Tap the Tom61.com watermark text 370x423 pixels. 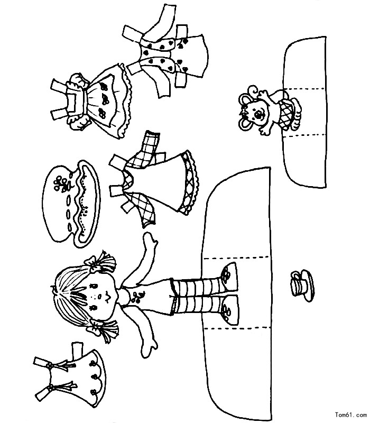[x=350, y=414]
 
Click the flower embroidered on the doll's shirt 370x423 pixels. [x=137, y=297]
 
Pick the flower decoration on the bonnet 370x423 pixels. [x=61, y=183]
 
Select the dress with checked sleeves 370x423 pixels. [x=154, y=181]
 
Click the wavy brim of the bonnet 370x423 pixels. [x=88, y=204]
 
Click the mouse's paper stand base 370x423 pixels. [x=305, y=112]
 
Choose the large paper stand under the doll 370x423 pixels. [x=237, y=294]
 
